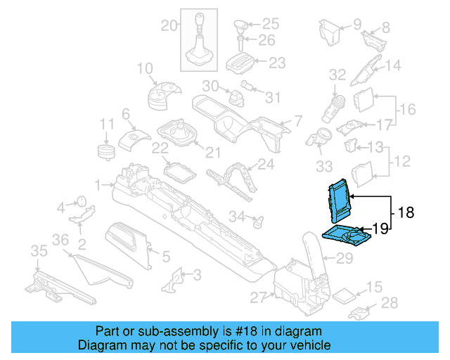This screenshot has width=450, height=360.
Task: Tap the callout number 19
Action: pos(380,228)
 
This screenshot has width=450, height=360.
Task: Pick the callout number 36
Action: pos(60,240)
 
